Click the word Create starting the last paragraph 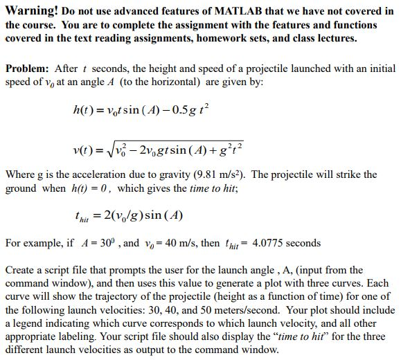(21, 270)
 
